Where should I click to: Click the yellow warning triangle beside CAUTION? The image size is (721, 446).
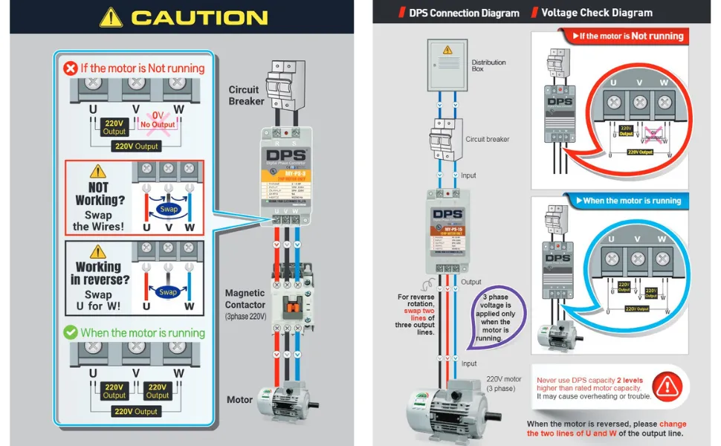(x=111, y=17)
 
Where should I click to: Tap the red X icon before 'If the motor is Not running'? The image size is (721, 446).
(x=70, y=68)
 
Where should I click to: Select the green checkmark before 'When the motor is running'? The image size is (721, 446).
(x=71, y=333)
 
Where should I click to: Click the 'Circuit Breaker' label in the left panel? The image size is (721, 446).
(x=246, y=96)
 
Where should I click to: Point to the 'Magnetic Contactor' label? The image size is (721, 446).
(x=245, y=299)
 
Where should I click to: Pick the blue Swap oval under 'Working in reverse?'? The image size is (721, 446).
(x=168, y=292)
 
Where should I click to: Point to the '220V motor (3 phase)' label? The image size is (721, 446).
(x=504, y=384)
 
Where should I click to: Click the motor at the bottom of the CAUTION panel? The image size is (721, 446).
(x=288, y=401)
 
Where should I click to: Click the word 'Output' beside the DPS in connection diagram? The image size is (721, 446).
(x=471, y=282)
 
